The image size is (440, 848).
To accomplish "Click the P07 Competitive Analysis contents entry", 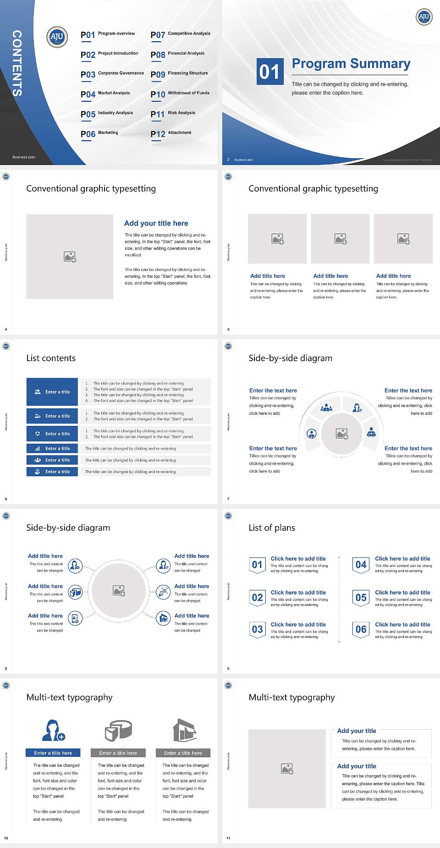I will [x=180, y=34].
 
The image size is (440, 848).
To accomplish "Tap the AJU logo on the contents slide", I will [x=57, y=37].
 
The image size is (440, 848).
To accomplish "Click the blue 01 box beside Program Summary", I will [x=269, y=72].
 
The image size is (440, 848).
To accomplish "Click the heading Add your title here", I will [x=156, y=223].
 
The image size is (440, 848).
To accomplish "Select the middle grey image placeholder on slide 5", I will [x=340, y=239].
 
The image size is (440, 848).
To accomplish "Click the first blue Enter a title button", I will [x=52, y=392].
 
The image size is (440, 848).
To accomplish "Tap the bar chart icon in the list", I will [x=38, y=448].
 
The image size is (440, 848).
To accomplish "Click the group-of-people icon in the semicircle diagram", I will [x=326, y=407].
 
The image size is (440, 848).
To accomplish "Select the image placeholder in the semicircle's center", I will [x=342, y=434].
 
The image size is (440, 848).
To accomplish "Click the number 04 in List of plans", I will [x=361, y=565].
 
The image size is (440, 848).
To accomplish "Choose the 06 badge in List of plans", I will [x=361, y=629].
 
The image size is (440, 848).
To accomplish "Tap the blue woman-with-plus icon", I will [x=53, y=730].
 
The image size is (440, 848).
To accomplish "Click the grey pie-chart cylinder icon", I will [x=118, y=730].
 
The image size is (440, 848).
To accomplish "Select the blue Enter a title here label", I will [x=53, y=753].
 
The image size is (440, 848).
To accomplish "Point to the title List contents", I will [x=51, y=358].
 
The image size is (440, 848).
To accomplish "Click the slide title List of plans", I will [x=272, y=528].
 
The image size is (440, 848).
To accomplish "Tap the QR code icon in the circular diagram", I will [x=164, y=592].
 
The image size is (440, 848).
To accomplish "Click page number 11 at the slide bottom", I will [x=228, y=838].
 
